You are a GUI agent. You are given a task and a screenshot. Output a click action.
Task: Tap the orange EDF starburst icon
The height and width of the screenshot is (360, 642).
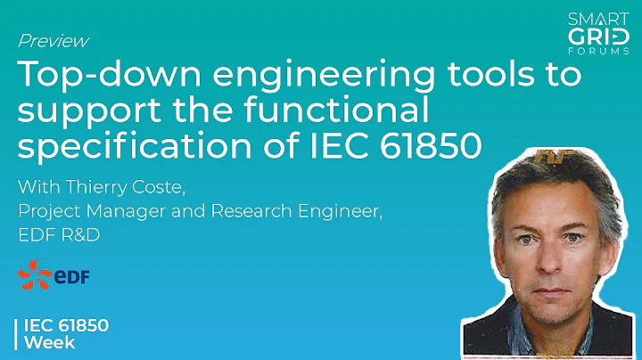tap(36, 277)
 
